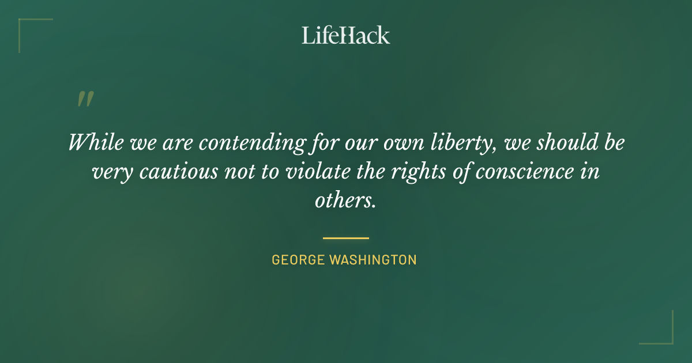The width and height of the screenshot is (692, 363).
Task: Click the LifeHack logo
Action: pos(345,35)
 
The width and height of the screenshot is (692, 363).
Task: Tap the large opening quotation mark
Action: pos(85,99)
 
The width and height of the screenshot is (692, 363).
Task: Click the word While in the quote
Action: pos(96,142)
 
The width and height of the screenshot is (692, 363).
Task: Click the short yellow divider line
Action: pos(345,237)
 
